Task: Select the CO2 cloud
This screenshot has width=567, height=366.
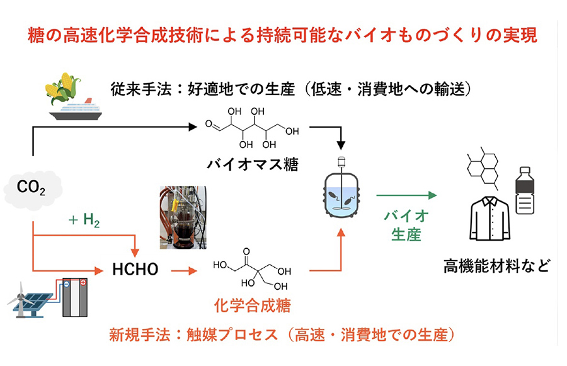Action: [x=33, y=186]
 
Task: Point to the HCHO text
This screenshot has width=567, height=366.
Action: [x=134, y=271]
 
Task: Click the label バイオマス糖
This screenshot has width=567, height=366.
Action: [x=253, y=165]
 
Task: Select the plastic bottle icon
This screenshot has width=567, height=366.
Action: [x=525, y=192]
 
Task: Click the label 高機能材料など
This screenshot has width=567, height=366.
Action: [x=495, y=265]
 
